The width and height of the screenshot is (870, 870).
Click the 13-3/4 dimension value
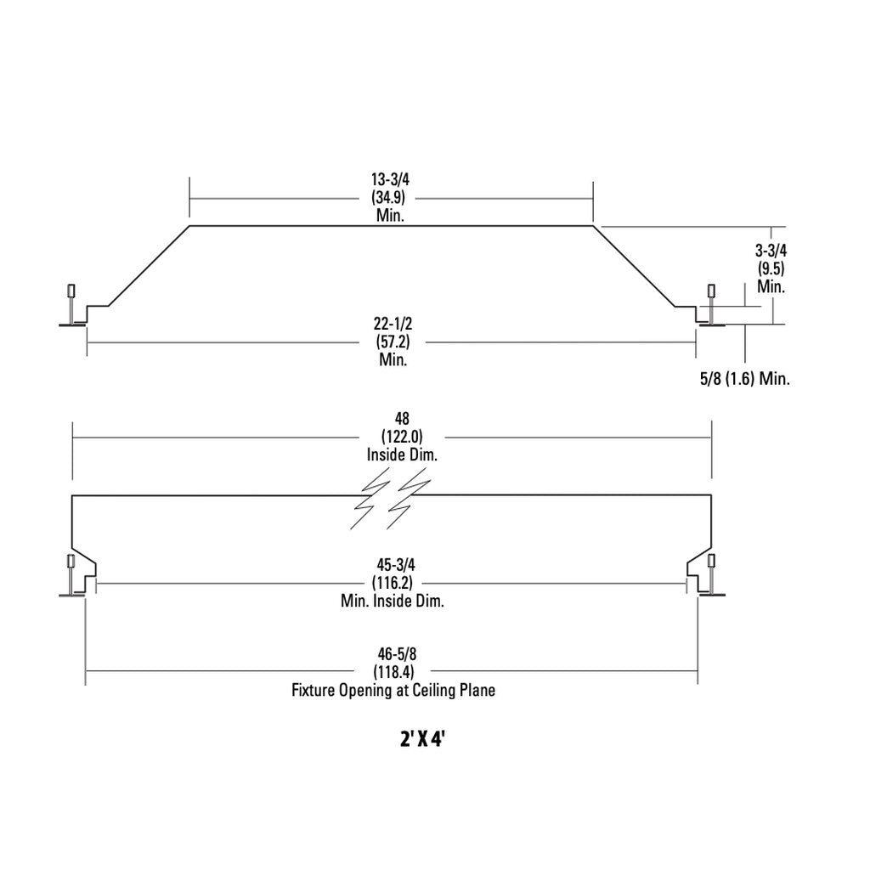(x=390, y=179)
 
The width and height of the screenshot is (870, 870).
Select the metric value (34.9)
(x=388, y=197)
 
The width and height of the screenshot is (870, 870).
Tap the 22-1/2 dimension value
(x=393, y=323)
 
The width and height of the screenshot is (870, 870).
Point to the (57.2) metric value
(x=393, y=342)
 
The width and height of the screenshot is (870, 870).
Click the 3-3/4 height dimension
(x=771, y=251)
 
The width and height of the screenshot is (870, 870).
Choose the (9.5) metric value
(x=771, y=268)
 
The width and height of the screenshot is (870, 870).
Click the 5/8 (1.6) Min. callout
(x=745, y=379)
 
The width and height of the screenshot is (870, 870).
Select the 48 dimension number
(x=402, y=418)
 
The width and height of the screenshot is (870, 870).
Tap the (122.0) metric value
(x=402, y=437)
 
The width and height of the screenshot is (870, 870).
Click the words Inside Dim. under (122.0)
(x=402, y=455)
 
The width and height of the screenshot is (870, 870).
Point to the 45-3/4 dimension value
(x=396, y=565)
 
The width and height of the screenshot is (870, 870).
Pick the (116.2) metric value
(x=393, y=583)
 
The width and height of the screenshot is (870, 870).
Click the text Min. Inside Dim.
(x=393, y=601)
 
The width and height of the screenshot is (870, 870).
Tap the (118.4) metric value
(x=394, y=672)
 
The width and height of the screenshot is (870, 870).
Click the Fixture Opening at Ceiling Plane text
(x=393, y=690)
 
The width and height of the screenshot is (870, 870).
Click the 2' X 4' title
(x=422, y=739)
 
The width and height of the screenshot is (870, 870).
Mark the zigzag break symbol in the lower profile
(x=390, y=498)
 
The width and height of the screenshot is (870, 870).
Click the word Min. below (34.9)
(x=390, y=215)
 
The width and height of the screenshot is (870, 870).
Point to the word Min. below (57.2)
(x=393, y=359)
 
